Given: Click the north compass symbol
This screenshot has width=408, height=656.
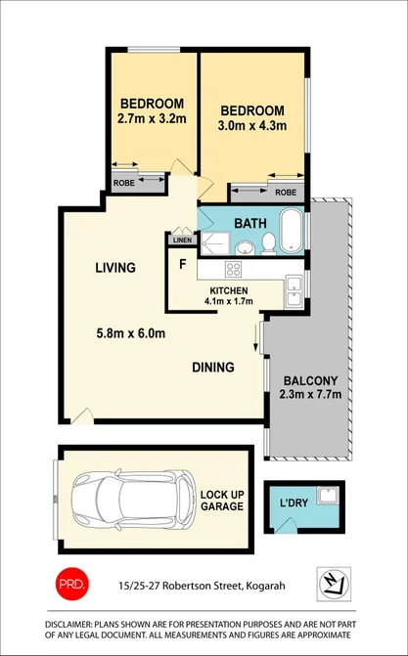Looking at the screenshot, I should coord(331,583).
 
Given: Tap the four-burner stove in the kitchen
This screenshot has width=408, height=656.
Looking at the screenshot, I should coord(235,270).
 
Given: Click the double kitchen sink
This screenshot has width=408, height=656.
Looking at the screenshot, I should coord(293,288).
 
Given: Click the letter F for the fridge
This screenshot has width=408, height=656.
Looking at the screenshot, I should coord(182,264).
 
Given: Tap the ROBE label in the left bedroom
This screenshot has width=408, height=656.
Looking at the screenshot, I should coord(124,182).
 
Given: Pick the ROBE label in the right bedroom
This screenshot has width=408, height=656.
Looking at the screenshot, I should coord(285,193).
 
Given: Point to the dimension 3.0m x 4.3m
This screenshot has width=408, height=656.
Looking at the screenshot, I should coord(252,127).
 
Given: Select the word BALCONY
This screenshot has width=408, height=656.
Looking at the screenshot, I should coord(309,381).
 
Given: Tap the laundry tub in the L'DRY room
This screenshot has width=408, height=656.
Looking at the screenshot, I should coord(331,496).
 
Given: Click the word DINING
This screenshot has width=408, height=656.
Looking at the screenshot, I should coord(212,368).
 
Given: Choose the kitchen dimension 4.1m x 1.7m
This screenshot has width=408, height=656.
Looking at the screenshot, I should coord(231,302).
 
